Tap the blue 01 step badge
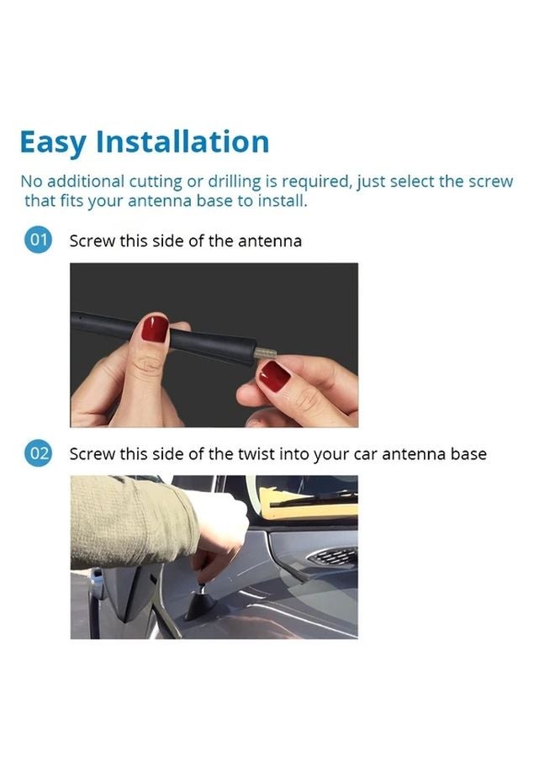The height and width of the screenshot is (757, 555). (x=39, y=241)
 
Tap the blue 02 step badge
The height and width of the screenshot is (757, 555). (x=39, y=453)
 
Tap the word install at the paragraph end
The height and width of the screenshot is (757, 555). (x=283, y=202)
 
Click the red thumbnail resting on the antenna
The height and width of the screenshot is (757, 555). (x=154, y=328)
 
